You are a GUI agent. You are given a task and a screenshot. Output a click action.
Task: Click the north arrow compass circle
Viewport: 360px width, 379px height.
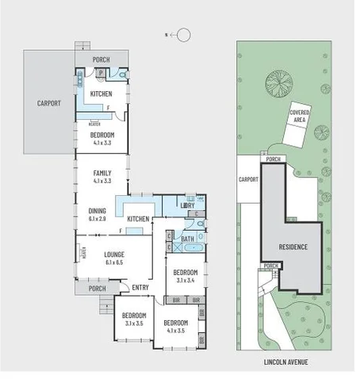183,34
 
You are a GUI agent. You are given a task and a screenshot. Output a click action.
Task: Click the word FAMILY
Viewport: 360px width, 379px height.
101,173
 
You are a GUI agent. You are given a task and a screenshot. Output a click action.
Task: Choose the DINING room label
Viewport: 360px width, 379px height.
98,210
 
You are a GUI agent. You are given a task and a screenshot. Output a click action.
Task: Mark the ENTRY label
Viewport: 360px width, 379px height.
141,287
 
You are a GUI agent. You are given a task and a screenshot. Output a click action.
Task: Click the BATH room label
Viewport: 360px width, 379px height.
188,239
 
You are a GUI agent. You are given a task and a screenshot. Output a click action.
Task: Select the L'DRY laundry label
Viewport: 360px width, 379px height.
188,205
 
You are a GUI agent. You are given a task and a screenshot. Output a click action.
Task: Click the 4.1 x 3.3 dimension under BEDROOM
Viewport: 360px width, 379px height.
102,144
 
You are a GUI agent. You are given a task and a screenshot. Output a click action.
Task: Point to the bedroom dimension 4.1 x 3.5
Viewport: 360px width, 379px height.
176,331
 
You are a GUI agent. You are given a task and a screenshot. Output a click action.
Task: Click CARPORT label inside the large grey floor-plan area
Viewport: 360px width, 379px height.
49,102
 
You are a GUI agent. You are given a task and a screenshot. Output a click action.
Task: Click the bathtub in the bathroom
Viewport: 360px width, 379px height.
188,248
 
